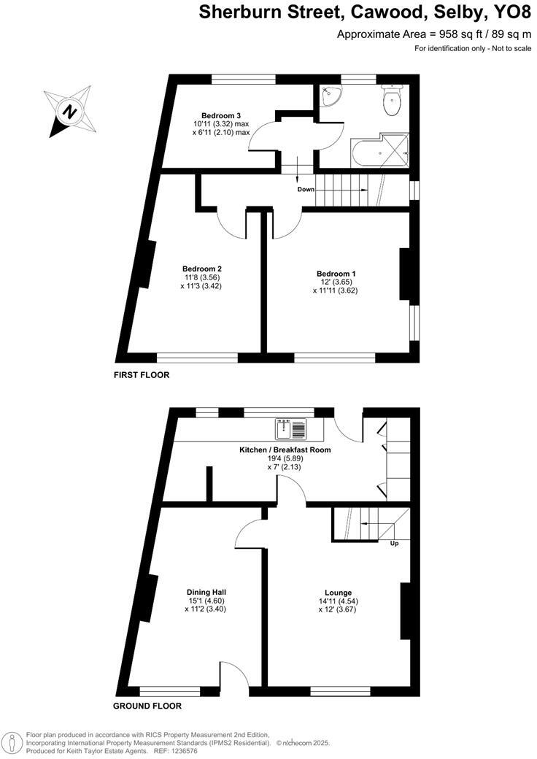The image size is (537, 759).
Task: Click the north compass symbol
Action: click(x=69, y=112)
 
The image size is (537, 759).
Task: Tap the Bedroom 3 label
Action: click(x=222, y=115)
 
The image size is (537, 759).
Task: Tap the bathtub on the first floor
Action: click(x=366, y=154)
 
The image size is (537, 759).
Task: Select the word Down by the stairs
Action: click(x=306, y=189)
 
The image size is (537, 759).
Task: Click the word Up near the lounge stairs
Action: click(x=395, y=544)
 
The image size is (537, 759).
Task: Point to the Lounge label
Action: click(x=339, y=593)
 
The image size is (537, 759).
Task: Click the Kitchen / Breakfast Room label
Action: click(x=285, y=450)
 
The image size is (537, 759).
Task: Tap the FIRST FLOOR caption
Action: click(x=141, y=375)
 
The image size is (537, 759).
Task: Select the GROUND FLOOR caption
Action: click(x=147, y=706)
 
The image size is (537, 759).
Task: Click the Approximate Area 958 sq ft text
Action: click(x=435, y=34)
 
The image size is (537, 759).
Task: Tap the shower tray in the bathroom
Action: click(x=395, y=150)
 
